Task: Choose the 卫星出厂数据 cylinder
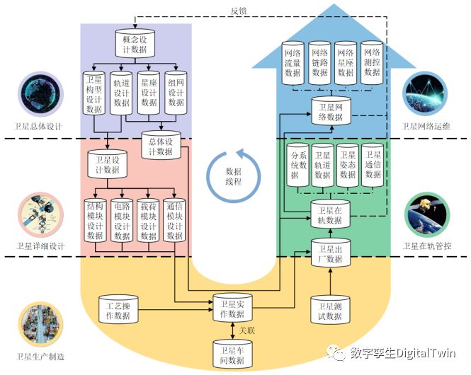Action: coord(331,254)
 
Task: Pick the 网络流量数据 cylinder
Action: coord(296,63)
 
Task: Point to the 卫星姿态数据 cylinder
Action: coord(347,166)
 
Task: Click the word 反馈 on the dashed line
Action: coord(239,11)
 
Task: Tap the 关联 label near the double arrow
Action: coord(246,330)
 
